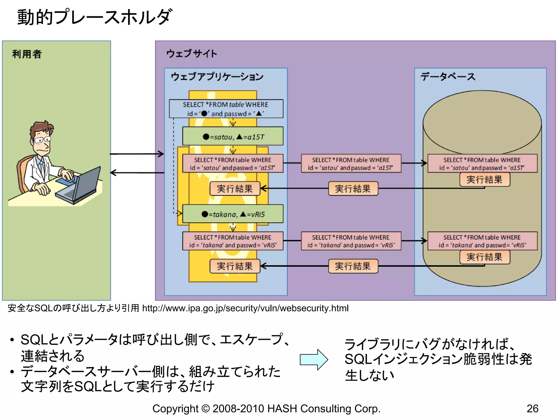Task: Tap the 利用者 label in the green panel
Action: (27, 54)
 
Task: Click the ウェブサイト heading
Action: (191, 53)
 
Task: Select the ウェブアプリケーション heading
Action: (217, 77)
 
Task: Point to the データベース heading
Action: (448, 77)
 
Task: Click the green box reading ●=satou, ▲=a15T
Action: (233, 136)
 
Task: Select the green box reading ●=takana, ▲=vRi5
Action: (233, 214)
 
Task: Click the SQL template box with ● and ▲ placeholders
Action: (226, 109)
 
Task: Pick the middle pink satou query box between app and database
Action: (351, 164)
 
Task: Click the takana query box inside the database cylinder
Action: (482, 241)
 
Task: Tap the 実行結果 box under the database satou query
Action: (484, 180)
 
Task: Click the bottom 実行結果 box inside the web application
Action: (235, 266)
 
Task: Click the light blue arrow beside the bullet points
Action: (314, 359)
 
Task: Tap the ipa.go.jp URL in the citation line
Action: (245, 308)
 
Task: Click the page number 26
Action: (532, 408)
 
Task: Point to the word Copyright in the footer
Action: (175, 408)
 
